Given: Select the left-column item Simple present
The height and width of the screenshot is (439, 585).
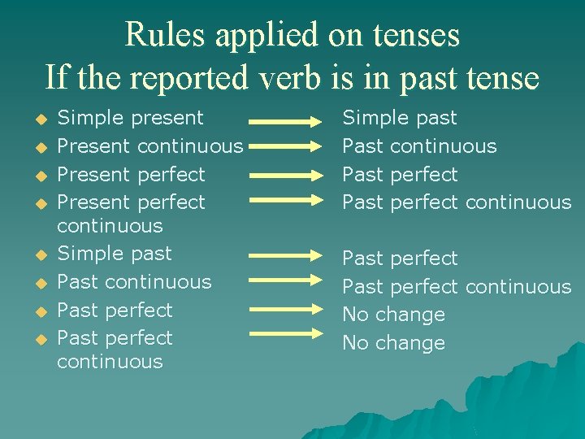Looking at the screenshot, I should (130, 118).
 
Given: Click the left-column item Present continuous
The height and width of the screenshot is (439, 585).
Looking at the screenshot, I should (150, 146).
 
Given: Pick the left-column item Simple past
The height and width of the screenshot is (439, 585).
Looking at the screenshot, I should (115, 254).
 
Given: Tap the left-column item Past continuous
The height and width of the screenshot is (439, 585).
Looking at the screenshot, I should (134, 282).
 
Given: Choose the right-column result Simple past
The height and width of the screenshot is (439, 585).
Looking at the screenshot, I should (400, 118).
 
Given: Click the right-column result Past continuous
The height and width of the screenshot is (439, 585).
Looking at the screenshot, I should (419, 146).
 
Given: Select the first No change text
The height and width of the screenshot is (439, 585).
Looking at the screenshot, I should (393, 315).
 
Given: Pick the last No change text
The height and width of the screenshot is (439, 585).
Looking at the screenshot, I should (393, 343).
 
